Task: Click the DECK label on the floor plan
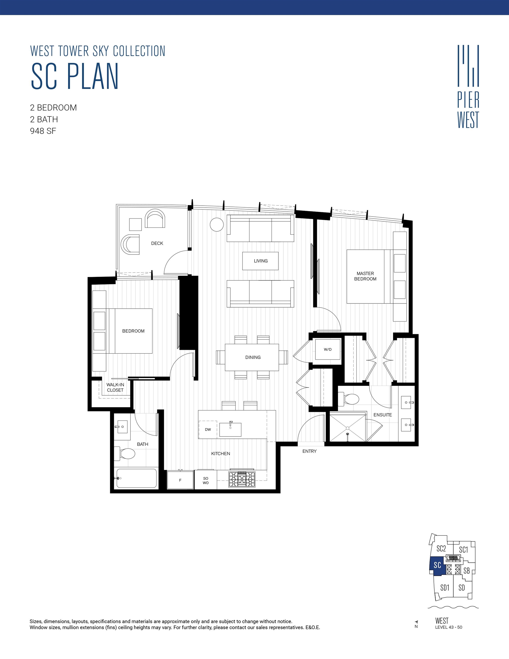(x=157, y=243)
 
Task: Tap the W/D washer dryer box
(x=328, y=350)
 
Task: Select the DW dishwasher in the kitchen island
(x=208, y=429)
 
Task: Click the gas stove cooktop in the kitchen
(x=242, y=479)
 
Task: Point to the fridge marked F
(x=180, y=480)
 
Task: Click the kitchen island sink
(x=230, y=429)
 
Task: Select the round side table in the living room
(x=217, y=225)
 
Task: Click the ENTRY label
(x=309, y=451)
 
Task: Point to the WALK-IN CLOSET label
(x=115, y=388)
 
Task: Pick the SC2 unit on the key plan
(x=441, y=549)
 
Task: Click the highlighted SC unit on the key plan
(x=437, y=565)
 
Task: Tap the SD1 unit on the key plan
(x=444, y=587)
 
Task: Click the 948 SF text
(x=43, y=131)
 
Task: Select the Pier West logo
(x=468, y=87)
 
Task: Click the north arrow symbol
(x=416, y=622)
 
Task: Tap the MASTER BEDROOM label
(x=365, y=276)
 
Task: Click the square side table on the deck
(x=135, y=225)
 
